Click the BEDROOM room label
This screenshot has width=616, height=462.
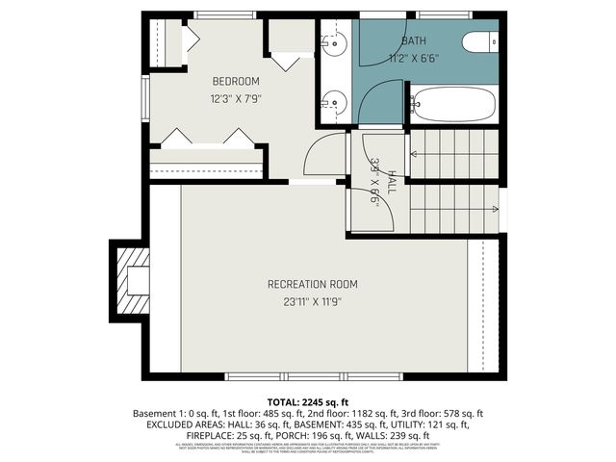[236, 82]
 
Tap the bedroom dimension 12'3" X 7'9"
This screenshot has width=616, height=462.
[236, 98]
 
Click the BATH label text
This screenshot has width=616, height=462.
[415, 40]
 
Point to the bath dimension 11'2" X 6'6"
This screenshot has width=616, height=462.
[415, 57]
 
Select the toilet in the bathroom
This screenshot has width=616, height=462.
[478, 42]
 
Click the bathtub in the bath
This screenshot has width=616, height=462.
[452, 104]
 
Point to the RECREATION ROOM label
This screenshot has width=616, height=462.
[312, 284]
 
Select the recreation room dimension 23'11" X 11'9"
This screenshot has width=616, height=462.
[312, 301]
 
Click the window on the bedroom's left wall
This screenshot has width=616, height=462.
[145, 96]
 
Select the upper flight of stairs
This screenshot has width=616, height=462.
[454, 154]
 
